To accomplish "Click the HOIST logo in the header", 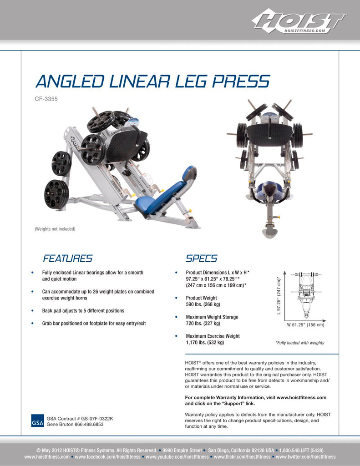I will click(x=299, y=21).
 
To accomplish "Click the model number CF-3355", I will click(x=46, y=98).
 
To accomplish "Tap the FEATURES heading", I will click(x=67, y=258).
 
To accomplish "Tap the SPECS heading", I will click(x=201, y=258).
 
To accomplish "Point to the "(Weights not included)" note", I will click(x=55, y=229).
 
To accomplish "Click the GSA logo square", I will click(x=38, y=421).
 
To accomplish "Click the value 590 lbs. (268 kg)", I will click(x=203, y=304).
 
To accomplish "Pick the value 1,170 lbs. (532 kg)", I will click(x=205, y=343).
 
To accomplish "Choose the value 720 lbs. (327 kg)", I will click(x=203, y=324).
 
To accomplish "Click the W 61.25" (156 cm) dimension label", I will click(x=305, y=325).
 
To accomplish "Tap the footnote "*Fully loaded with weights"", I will click(x=300, y=343).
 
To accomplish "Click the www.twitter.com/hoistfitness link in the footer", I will click(x=305, y=457).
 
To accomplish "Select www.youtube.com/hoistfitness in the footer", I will click(x=177, y=457).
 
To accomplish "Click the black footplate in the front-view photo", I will click(x=270, y=132).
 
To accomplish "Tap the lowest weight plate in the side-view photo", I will click(x=56, y=194).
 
